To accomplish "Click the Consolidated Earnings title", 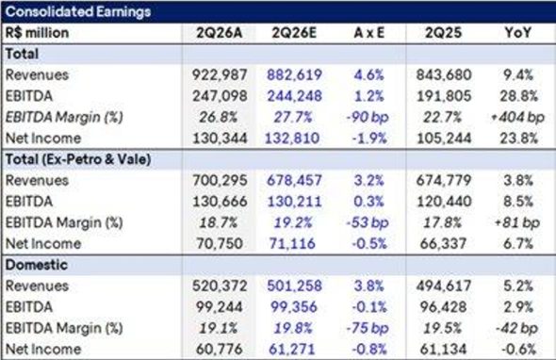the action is (78, 11).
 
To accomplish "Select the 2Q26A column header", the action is (220, 33).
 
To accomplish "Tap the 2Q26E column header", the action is (294, 33).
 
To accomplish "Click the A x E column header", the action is (369, 33).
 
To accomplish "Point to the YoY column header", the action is (518, 33).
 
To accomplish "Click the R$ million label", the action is (37, 33).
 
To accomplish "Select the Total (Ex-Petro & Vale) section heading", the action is (78, 159).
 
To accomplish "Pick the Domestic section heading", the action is (37, 265).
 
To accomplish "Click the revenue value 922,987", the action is (220, 74).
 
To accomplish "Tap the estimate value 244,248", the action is (294, 96).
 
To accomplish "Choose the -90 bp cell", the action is (368, 118).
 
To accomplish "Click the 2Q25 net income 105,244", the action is (444, 139).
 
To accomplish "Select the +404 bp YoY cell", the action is (517, 118).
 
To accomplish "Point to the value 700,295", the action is (220, 181).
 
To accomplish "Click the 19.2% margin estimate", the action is (293, 222).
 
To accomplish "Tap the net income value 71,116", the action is (292, 244).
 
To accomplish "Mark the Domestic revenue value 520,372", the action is (220, 286).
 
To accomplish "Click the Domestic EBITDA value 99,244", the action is (220, 307).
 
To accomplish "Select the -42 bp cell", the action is (516, 329).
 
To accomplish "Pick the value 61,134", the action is (443, 350).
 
